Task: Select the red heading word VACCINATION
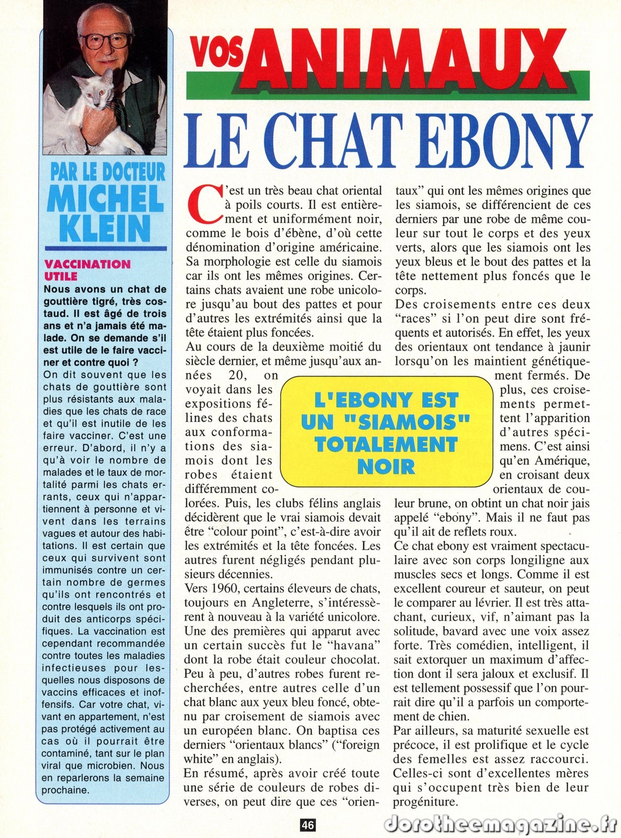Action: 87,264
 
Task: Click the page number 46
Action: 307,825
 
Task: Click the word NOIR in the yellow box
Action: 386,466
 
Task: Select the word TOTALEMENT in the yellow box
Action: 386,444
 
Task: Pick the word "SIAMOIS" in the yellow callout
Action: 386,422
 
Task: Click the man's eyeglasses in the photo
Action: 106,41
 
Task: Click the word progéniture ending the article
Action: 426,801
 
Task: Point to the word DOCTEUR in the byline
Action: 134,172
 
